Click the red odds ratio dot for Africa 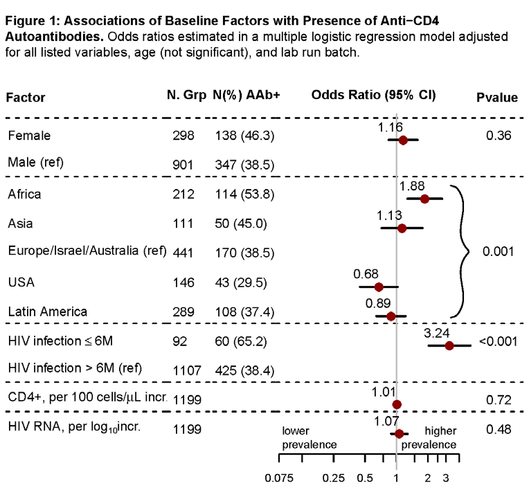(x=424, y=199)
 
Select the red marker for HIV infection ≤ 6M (x=449, y=345)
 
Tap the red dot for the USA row (x=379, y=287)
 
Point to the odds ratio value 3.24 (x=436, y=333)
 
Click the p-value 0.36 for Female (x=499, y=136)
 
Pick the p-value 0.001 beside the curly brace (x=498, y=251)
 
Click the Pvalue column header (x=497, y=98)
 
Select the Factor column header (x=26, y=98)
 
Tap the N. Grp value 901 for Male (x=183, y=165)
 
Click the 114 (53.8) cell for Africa (x=244, y=194)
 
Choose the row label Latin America (x=48, y=311)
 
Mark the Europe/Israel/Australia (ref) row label (x=87, y=251)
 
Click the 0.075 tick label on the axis (x=279, y=478)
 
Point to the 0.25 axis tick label (x=333, y=478)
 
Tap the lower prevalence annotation (x=310, y=437)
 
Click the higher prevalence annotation (x=429, y=437)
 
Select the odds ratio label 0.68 (x=366, y=274)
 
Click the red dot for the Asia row (x=402, y=228)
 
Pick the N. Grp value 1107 (x=187, y=371)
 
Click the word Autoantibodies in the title (x=54, y=37)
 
